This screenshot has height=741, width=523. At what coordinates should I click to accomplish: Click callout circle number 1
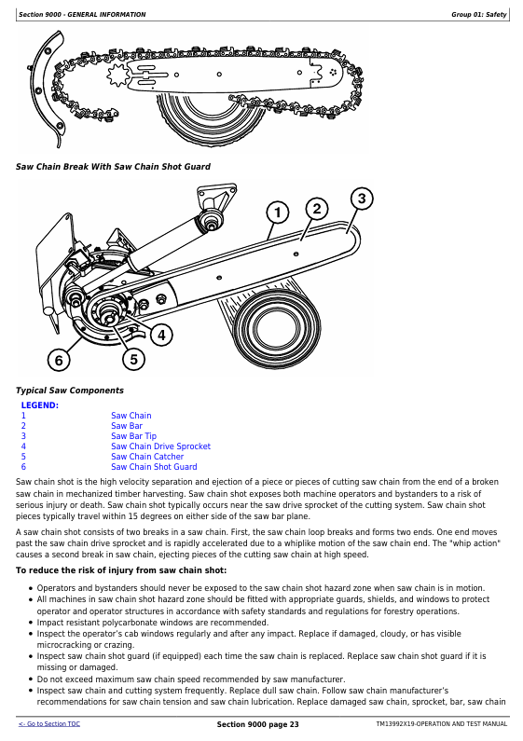[278, 213]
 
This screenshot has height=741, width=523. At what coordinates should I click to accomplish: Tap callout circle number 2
[317, 209]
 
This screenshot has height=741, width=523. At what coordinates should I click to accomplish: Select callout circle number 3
[362, 199]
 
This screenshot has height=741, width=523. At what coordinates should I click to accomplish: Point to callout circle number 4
[161, 335]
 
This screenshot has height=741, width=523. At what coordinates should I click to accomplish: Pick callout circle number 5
[134, 359]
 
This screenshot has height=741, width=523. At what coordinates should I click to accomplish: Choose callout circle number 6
[59, 361]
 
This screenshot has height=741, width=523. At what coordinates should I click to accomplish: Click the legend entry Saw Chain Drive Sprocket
[160, 446]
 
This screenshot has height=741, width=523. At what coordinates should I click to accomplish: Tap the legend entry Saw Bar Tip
[134, 435]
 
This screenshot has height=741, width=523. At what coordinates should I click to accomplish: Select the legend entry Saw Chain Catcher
[147, 457]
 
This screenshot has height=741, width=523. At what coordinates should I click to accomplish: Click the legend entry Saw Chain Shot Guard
[154, 467]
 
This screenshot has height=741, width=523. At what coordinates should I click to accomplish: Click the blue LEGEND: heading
[40, 405]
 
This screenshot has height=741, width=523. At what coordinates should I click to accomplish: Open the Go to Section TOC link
[49, 724]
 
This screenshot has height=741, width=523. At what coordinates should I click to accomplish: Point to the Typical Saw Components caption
[70, 391]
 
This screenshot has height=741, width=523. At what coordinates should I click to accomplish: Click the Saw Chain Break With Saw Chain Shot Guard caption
[113, 166]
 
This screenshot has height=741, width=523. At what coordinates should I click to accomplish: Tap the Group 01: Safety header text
[478, 15]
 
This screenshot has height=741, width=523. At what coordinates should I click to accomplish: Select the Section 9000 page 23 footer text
[257, 724]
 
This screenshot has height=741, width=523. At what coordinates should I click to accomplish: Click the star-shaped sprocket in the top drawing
[118, 75]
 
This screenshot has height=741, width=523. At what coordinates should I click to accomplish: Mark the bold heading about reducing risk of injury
[121, 570]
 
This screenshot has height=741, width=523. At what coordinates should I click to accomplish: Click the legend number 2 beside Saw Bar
[23, 426]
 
